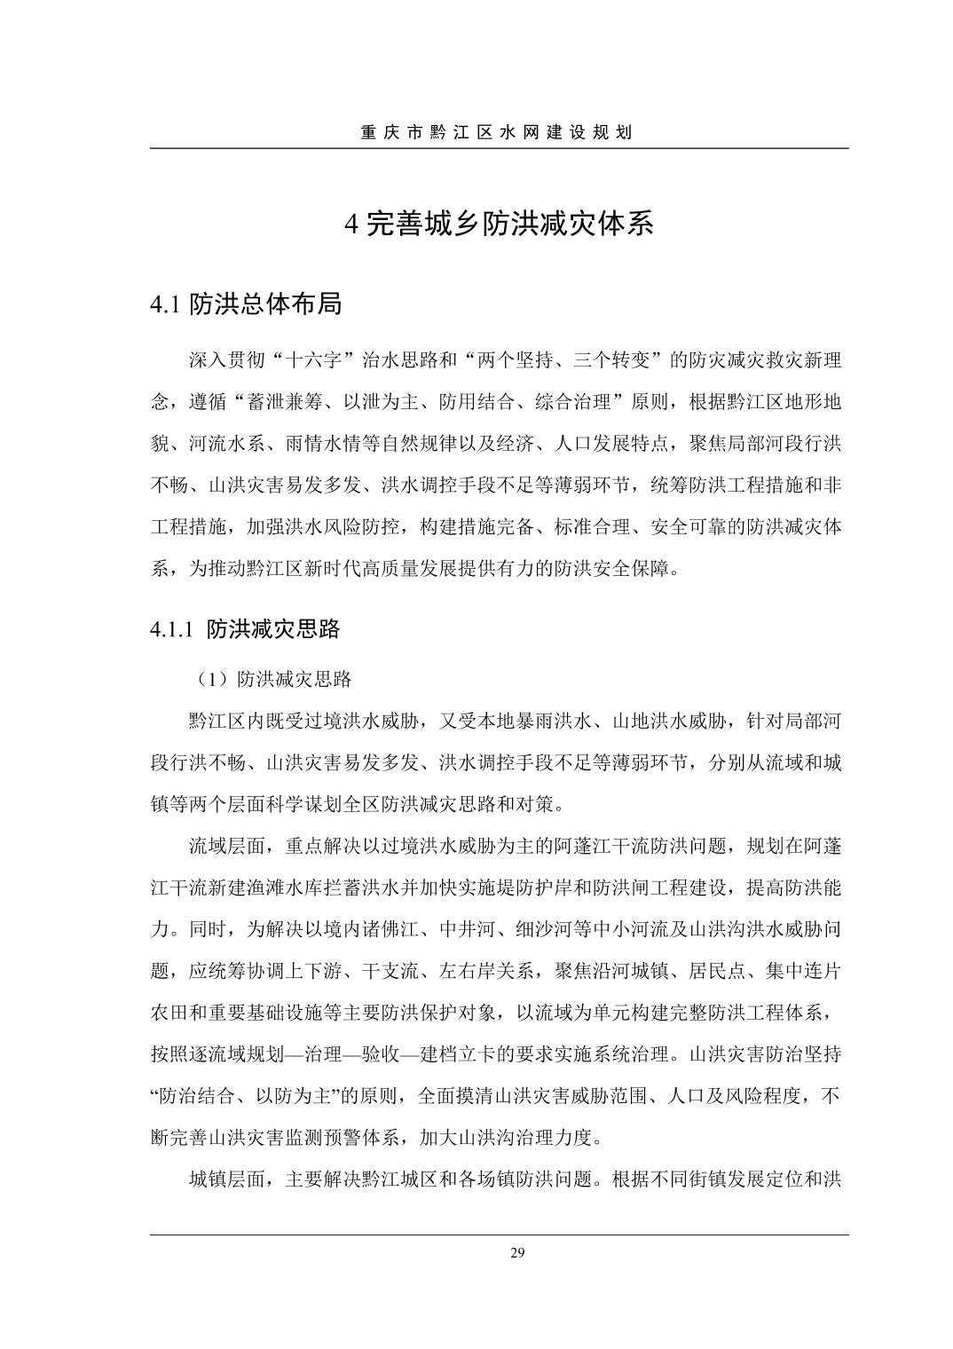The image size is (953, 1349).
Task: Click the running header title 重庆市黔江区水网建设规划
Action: pyautogui.click(x=496, y=133)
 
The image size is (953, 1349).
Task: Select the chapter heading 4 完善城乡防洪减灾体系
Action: pyautogui.click(x=499, y=225)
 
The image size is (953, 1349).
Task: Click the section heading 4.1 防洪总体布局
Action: pyautogui.click(x=246, y=304)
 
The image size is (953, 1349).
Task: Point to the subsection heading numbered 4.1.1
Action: pyautogui.click(x=172, y=630)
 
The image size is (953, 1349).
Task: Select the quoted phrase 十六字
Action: pyautogui.click(x=314, y=362)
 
